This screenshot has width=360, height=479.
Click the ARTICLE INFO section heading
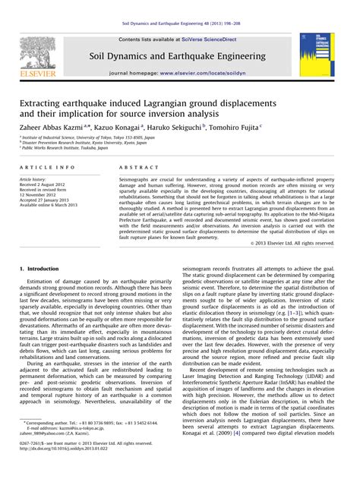tap(47, 166)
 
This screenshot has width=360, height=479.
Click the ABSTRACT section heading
tap(137, 166)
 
